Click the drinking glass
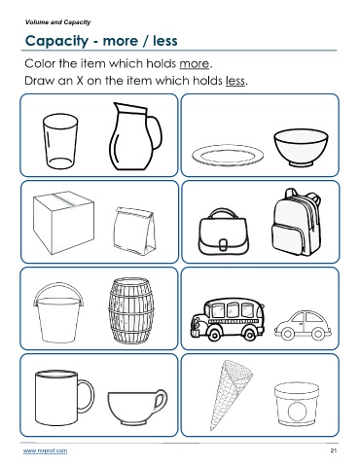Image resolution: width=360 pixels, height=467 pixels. pyautogui.click(x=60, y=141)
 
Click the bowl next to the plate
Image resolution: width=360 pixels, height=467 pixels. pyautogui.click(x=301, y=148)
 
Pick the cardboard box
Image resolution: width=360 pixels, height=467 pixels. pyautogui.click(x=63, y=222)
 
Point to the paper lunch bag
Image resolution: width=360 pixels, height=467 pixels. pyautogui.click(x=134, y=230)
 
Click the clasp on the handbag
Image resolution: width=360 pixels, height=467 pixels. pyautogui.click(x=223, y=244)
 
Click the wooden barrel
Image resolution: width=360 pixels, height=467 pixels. pyautogui.click(x=131, y=310)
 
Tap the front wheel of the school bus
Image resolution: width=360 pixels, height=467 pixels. pyautogui.click(x=214, y=333)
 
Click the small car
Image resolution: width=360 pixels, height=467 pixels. pyautogui.click(x=303, y=326)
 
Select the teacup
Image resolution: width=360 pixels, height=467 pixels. pyautogui.click(x=137, y=407)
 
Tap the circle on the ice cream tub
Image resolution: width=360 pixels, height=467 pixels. pyautogui.click(x=297, y=412)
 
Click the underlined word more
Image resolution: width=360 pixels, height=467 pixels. pyautogui.click(x=195, y=63)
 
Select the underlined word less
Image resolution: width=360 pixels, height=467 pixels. pyautogui.click(x=235, y=81)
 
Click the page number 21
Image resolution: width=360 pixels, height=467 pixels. pyautogui.click(x=334, y=450)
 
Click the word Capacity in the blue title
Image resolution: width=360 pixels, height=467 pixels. pyautogui.click(x=57, y=41)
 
